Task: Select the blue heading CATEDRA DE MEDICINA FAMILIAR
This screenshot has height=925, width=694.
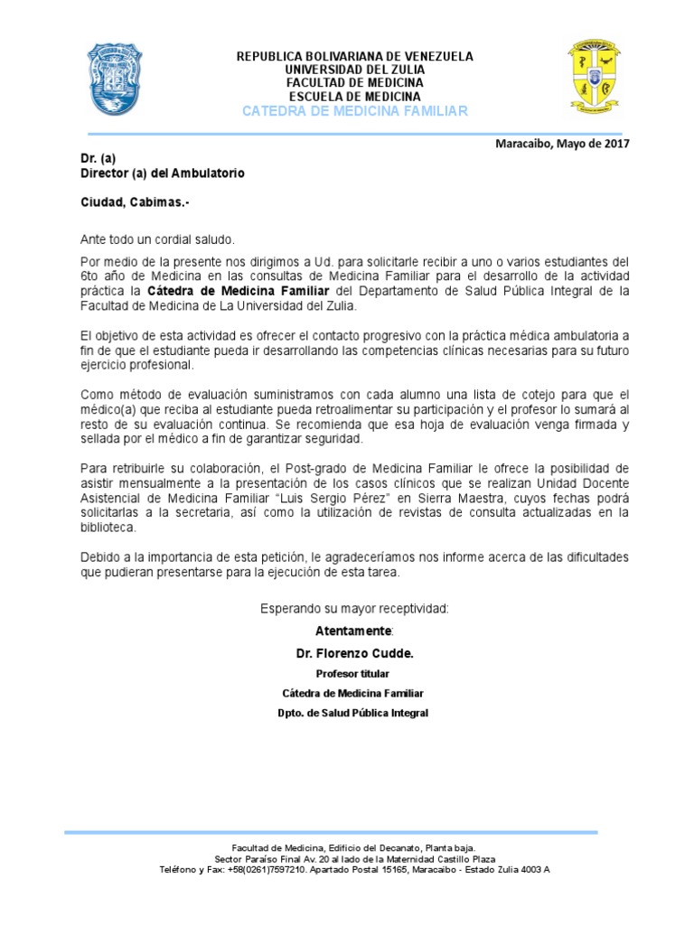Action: click(354, 110)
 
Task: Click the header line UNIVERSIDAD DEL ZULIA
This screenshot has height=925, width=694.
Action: click(354, 70)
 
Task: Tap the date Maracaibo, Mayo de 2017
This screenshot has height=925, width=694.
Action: click(562, 143)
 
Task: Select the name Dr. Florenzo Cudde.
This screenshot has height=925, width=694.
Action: click(353, 652)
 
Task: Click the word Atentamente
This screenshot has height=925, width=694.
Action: click(353, 629)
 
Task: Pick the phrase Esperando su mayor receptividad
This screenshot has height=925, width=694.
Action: click(353, 608)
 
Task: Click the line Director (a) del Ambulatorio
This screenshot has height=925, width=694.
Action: click(162, 173)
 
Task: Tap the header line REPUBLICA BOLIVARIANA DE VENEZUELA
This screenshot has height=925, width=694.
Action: click(354, 56)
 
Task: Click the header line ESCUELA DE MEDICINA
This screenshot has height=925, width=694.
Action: click(354, 96)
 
